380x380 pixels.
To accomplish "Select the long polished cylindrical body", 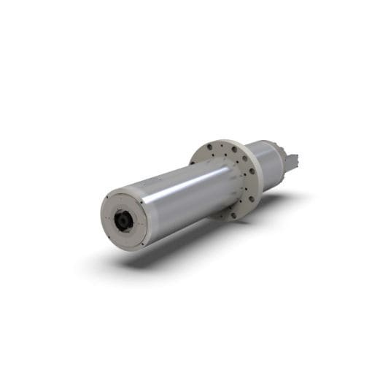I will pos(182,197).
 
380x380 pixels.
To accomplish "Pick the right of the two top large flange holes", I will pos(234,149).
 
